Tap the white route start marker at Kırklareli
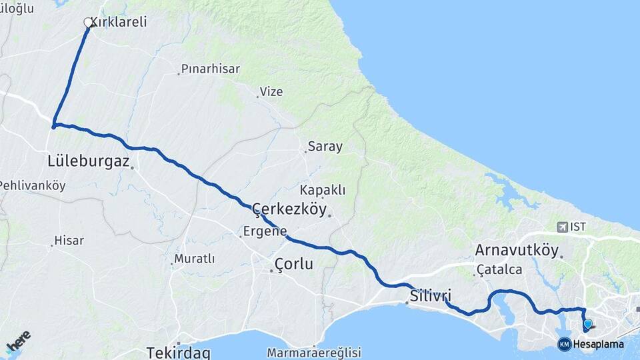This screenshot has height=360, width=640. click(88, 23)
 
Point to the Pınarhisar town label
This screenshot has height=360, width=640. click(211, 69)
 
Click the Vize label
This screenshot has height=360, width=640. click(271, 91)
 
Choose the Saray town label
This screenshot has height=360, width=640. click(325, 147)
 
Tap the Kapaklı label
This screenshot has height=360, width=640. click(323, 190)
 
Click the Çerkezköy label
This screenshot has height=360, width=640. click(290, 210)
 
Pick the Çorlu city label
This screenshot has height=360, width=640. click(294, 264)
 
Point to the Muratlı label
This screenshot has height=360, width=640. click(194, 259)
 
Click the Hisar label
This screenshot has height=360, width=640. click(69, 241)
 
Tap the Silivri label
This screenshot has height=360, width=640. click(431, 295)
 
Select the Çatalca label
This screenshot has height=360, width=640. click(499, 270)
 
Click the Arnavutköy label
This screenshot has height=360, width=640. click(516, 251)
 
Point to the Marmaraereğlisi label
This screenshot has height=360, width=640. click(313, 352)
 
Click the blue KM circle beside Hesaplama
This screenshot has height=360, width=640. click(565, 344)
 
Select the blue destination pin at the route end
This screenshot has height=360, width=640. click(587, 325)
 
